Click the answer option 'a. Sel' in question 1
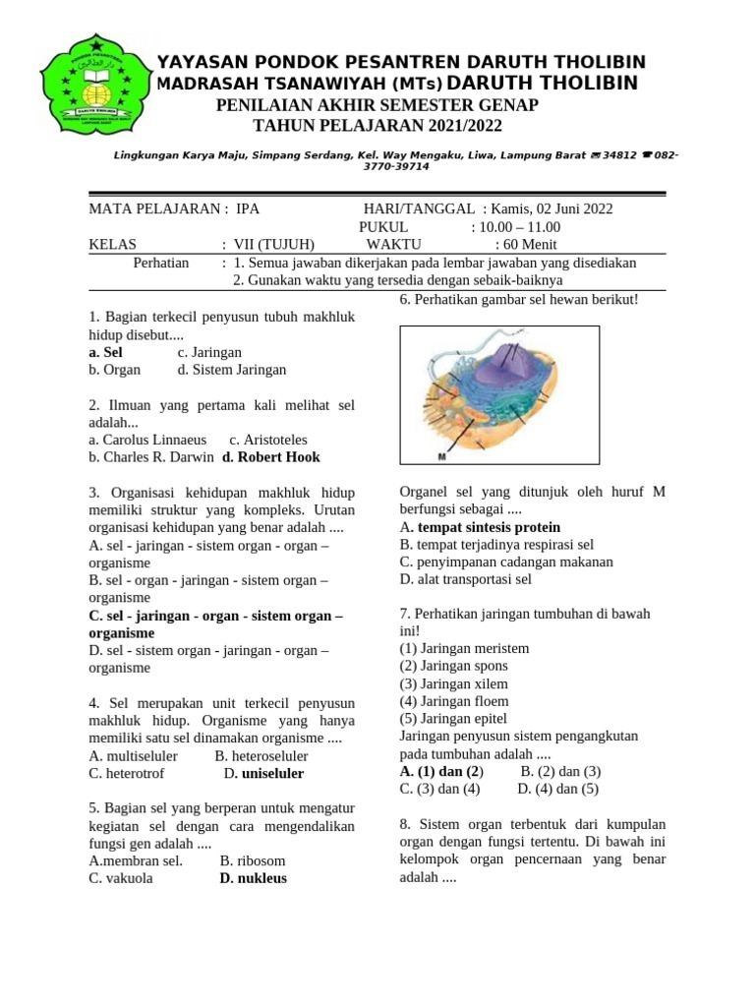click(106, 352)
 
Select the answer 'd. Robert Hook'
click(270, 457)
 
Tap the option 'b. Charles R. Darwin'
click(150, 457)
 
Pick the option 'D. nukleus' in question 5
click(253, 878)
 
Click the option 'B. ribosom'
click(253, 860)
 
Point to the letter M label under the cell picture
click(441, 457)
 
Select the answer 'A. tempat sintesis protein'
click(480, 527)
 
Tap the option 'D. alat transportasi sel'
click(465, 579)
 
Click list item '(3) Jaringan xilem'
click(458, 683)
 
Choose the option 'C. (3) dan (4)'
click(439, 789)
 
